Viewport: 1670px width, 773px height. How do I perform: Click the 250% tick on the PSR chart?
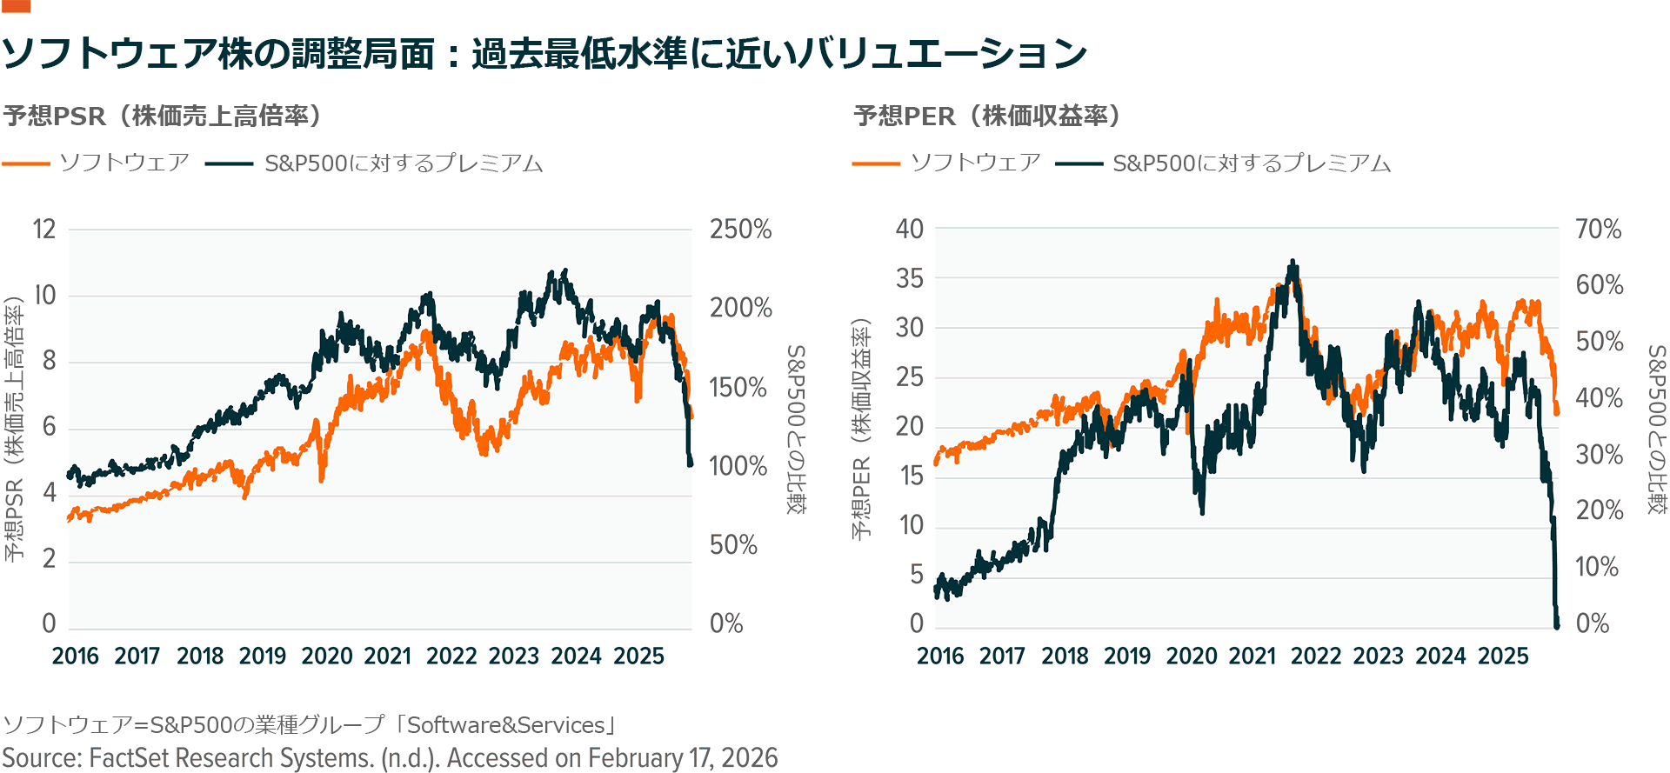tap(740, 230)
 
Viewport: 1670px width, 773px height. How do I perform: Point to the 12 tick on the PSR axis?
tap(44, 230)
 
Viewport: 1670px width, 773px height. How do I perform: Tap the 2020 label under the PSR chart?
tap(326, 656)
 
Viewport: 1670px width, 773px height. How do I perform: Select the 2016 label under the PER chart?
tap(940, 656)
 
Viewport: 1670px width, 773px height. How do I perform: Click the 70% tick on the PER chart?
tap(1599, 230)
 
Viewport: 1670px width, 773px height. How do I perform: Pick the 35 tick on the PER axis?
tap(910, 279)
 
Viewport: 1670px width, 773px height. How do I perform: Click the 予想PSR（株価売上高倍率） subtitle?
tap(163, 116)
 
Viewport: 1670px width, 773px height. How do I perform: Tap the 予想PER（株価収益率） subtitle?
tap(987, 116)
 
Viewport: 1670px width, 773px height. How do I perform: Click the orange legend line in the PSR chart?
tap(26, 163)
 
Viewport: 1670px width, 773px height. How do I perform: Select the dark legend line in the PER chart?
tap(1079, 163)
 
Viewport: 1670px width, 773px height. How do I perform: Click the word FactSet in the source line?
tap(132, 758)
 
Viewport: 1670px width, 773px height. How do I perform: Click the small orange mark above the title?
tap(16, 6)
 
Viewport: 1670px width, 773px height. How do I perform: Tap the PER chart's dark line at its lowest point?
tap(1556, 624)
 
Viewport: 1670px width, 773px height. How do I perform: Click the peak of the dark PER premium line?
tap(1293, 262)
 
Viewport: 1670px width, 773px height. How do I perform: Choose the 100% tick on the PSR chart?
tap(738, 466)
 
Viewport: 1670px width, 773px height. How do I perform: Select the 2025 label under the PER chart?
tap(1503, 656)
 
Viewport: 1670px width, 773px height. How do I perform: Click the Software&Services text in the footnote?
tap(505, 725)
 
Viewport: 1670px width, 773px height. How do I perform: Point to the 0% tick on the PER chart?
tap(1593, 623)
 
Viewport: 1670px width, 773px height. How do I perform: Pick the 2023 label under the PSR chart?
tap(514, 656)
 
